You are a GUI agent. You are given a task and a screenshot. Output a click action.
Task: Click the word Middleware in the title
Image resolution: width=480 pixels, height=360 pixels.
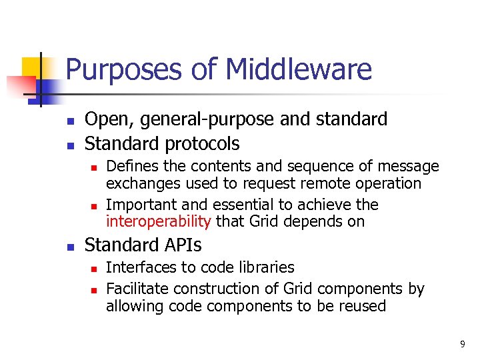point(299,69)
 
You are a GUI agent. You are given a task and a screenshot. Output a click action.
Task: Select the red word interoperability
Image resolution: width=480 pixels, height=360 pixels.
point(159,221)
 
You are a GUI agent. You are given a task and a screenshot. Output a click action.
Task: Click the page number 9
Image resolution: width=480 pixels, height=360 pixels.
point(462,344)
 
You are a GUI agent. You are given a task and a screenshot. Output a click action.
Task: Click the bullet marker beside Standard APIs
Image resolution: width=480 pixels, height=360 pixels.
point(69,246)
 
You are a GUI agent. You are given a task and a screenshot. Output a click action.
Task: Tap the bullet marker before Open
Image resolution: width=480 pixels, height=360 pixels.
point(69,121)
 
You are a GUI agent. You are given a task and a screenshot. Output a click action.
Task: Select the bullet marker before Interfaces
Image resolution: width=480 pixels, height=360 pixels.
point(94,269)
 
